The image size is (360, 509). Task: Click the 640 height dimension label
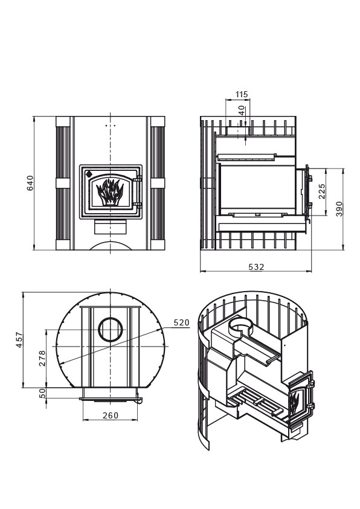point(30,183)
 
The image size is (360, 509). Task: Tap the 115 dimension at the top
point(241,94)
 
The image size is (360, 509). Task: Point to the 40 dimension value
point(242,110)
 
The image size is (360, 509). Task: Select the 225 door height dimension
point(322,191)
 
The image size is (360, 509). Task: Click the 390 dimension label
point(339,209)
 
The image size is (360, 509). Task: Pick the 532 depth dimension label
point(256,267)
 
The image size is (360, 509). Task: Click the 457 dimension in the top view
point(19,339)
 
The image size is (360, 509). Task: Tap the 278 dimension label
point(42,358)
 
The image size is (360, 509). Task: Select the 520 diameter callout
point(181,322)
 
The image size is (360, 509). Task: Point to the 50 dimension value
point(42,393)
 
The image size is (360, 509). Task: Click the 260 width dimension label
point(111,415)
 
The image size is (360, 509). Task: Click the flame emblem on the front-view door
point(110,191)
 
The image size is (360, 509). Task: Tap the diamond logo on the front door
point(89,174)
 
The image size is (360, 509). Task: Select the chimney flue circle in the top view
point(111,329)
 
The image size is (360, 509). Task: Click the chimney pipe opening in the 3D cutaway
point(240,325)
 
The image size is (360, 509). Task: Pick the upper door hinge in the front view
point(139,179)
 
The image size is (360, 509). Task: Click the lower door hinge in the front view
point(139,205)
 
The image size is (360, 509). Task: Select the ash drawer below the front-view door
point(111,226)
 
